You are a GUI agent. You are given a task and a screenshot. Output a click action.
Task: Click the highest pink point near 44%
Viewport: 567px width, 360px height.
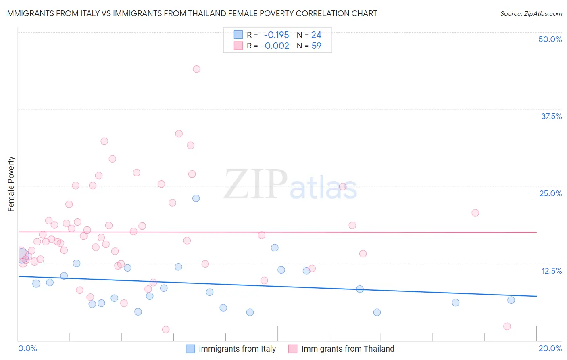pyautogui.click(x=196, y=69)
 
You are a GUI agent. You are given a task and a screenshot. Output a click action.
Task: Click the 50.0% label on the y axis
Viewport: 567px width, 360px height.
pyautogui.click(x=550, y=39)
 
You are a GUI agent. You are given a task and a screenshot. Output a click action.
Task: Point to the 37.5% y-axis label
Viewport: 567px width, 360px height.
pyautogui.click(x=551, y=116)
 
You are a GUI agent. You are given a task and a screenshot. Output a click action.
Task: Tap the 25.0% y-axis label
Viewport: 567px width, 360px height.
pyautogui.click(x=550, y=193)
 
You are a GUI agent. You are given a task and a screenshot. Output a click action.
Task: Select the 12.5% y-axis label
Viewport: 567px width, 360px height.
pyautogui.click(x=551, y=271)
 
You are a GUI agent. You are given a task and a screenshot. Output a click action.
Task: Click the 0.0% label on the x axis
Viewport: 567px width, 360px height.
pyautogui.click(x=27, y=348)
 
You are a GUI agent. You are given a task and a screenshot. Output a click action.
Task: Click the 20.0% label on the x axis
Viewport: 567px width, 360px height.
pyautogui.click(x=550, y=348)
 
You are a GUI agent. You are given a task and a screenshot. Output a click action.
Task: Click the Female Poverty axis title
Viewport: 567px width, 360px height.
pyautogui.click(x=11, y=184)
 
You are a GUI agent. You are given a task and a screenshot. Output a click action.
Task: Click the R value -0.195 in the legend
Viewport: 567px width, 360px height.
pyautogui.click(x=276, y=35)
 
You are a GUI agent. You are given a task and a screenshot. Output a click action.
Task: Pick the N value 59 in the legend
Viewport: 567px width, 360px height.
pyautogui.click(x=317, y=46)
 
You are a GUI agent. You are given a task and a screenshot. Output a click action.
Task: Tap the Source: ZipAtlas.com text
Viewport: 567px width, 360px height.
pyautogui.click(x=531, y=14)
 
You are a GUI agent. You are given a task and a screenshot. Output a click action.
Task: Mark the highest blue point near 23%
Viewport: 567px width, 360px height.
pyautogui.click(x=196, y=198)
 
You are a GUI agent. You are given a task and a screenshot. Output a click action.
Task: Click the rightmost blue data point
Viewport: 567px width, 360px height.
pyautogui.click(x=511, y=300)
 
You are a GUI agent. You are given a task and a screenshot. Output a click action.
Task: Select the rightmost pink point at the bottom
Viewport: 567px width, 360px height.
pyautogui.click(x=507, y=327)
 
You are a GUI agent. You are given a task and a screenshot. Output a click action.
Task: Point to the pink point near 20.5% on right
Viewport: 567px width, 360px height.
pyautogui.click(x=475, y=213)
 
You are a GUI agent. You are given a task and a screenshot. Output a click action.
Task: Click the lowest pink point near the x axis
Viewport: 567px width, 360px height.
pyautogui.click(x=165, y=329)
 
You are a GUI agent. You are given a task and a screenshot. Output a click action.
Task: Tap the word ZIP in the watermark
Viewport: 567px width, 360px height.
pyautogui.click(x=256, y=184)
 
